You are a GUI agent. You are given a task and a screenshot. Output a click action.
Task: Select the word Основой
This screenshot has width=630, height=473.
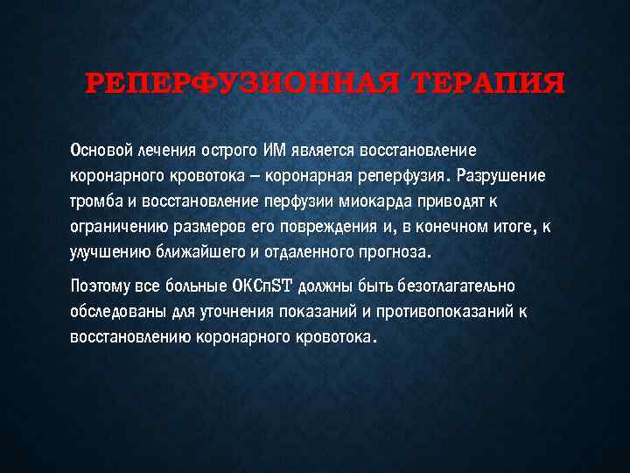(x=101, y=151)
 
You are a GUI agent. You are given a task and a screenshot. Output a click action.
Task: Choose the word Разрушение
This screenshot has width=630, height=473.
(x=501, y=176)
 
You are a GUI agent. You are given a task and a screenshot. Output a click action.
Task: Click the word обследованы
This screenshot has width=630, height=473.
(x=115, y=311)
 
